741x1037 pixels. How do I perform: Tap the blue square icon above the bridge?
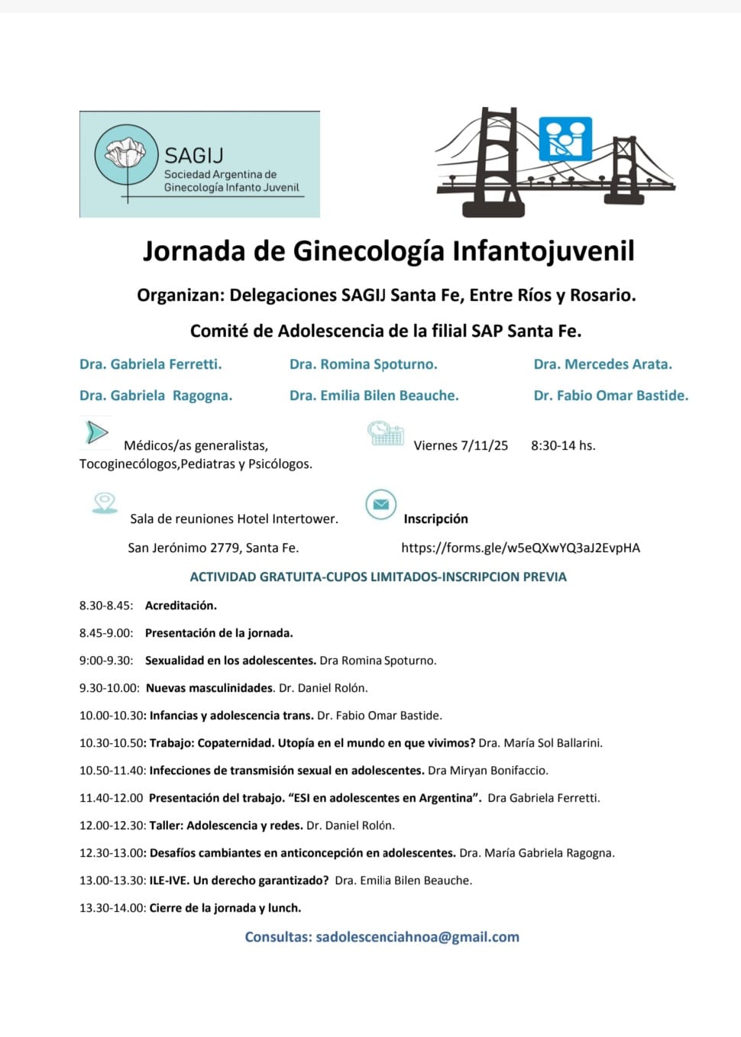pyautogui.click(x=565, y=138)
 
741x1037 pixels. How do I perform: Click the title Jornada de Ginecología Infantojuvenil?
pyautogui.click(x=388, y=251)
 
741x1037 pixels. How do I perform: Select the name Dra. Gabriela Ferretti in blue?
pyautogui.click(x=150, y=364)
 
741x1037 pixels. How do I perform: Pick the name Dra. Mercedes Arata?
pyautogui.click(x=603, y=364)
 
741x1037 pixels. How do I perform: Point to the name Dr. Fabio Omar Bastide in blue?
pyautogui.click(x=610, y=396)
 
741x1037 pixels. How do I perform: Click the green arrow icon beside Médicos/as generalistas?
pyautogui.click(x=96, y=432)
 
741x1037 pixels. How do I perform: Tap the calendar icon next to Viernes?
pyautogui.click(x=386, y=433)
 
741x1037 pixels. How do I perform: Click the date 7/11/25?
pyautogui.click(x=484, y=445)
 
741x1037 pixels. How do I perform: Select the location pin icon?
pyautogui.click(x=105, y=502)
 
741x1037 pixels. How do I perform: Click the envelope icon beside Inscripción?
pyautogui.click(x=380, y=505)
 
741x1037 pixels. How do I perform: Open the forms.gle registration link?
pyautogui.click(x=520, y=548)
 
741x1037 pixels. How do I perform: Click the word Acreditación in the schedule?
pyautogui.click(x=181, y=606)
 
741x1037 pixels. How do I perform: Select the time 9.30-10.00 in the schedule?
pyautogui.click(x=109, y=688)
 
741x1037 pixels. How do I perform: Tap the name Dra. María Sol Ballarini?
pyautogui.click(x=540, y=743)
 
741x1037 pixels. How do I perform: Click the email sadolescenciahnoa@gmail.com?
pyautogui.click(x=417, y=937)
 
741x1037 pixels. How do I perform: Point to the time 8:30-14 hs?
pyautogui.click(x=563, y=445)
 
